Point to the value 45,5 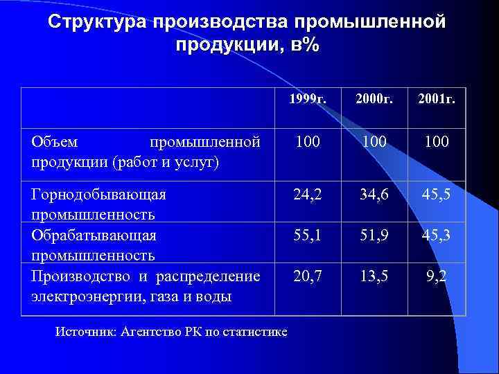tap(436, 195)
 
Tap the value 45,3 tap(436, 236)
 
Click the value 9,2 tap(437, 277)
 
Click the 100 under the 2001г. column tap(436, 143)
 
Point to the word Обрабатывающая tap(94, 235)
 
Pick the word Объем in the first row tap(55, 142)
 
